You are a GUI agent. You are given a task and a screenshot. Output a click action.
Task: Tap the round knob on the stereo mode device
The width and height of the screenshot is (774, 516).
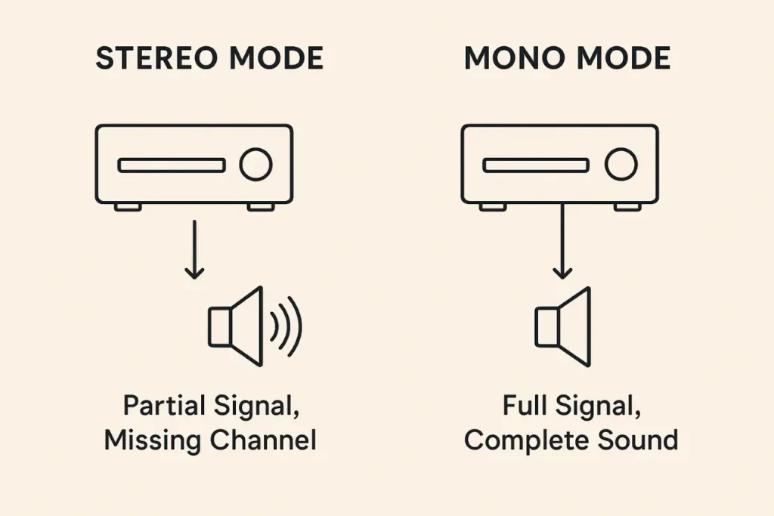pyautogui.click(x=255, y=165)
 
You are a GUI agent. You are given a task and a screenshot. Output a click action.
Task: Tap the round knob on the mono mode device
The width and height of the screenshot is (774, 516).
pyautogui.click(x=621, y=165)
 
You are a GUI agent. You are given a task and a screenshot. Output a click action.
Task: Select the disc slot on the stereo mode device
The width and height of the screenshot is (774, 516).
pyautogui.click(x=171, y=165)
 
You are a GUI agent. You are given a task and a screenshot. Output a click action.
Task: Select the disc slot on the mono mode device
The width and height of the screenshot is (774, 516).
pyautogui.click(x=536, y=165)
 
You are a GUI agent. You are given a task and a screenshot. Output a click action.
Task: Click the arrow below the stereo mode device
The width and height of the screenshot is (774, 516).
pyautogui.click(x=194, y=249)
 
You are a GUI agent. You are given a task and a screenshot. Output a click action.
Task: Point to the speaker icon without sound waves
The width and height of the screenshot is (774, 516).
pyautogui.click(x=562, y=326)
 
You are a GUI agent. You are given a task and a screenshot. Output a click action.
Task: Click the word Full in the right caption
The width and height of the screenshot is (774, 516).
pyautogui.click(x=525, y=406)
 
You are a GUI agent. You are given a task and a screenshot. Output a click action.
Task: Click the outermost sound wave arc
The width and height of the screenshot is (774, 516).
pyautogui.click(x=296, y=326)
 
